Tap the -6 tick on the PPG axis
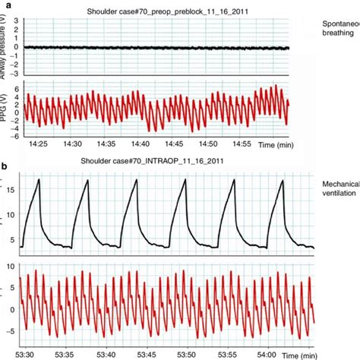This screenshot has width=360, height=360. tap(12, 134)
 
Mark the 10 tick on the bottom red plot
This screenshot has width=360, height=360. tap(8, 267)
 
